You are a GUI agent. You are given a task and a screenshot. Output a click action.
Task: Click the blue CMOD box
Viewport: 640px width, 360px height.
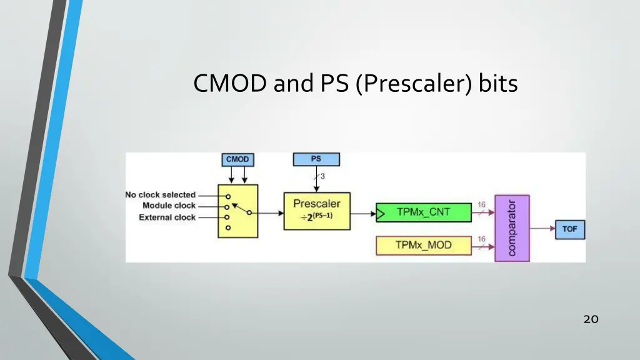[x=237, y=159]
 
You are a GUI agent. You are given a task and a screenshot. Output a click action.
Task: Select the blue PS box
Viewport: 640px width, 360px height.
[x=316, y=159]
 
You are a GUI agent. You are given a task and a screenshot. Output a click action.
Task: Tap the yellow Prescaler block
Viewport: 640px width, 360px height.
[x=317, y=211]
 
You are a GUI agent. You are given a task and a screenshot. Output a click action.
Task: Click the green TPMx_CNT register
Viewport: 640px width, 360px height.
[x=424, y=212]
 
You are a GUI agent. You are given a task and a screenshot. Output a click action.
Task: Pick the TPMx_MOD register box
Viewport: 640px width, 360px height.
[x=424, y=246]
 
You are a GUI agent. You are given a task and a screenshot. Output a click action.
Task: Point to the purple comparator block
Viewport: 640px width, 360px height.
[x=512, y=228]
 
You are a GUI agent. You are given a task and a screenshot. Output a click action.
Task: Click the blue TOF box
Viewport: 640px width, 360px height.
[x=570, y=229]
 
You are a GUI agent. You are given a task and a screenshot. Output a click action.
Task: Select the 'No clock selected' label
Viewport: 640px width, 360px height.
[x=161, y=195]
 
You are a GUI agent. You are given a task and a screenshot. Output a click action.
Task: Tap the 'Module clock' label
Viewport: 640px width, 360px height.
[x=169, y=206]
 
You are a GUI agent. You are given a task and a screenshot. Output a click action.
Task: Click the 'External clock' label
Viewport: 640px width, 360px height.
[x=167, y=217]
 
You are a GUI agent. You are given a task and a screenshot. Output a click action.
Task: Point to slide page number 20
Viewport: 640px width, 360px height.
[x=591, y=319]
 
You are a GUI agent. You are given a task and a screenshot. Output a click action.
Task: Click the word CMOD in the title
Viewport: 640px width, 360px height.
[x=230, y=83]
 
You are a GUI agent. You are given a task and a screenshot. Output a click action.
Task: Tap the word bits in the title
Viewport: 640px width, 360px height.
[x=498, y=83]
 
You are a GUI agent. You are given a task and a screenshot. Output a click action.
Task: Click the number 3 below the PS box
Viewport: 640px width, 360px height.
[x=322, y=176]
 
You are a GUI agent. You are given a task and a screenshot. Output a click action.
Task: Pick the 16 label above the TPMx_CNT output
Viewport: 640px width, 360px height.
[x=482, y=204]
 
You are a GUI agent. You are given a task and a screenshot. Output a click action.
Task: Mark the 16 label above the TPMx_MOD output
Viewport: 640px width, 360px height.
[x=482, y=239]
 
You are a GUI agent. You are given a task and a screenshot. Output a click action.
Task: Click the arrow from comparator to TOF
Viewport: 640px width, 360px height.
[x=542, y=229]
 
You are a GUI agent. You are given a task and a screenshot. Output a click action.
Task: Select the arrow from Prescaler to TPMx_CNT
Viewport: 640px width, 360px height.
[x=363, y=214]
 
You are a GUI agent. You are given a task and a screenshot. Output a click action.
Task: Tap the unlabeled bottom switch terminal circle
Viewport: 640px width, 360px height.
[x=228, y=227]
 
